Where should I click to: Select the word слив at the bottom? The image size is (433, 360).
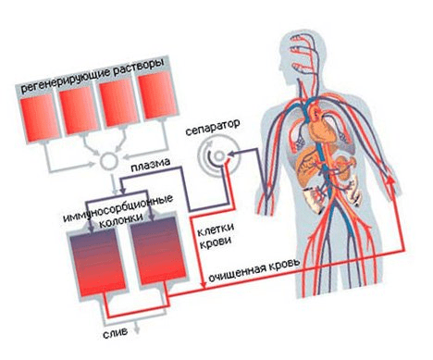[115, 333]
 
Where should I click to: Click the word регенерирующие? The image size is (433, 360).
[65, 79]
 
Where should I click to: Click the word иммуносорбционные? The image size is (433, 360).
[118, 207]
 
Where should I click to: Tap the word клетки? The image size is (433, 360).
[216, 229]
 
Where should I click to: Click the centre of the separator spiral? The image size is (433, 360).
[219, 155]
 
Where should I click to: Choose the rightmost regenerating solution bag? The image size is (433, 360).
[156, 96]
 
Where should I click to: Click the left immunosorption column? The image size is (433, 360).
[97, 263]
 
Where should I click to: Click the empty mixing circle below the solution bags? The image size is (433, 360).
[109, 161]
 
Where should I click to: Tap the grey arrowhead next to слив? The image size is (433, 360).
[136, 329]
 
